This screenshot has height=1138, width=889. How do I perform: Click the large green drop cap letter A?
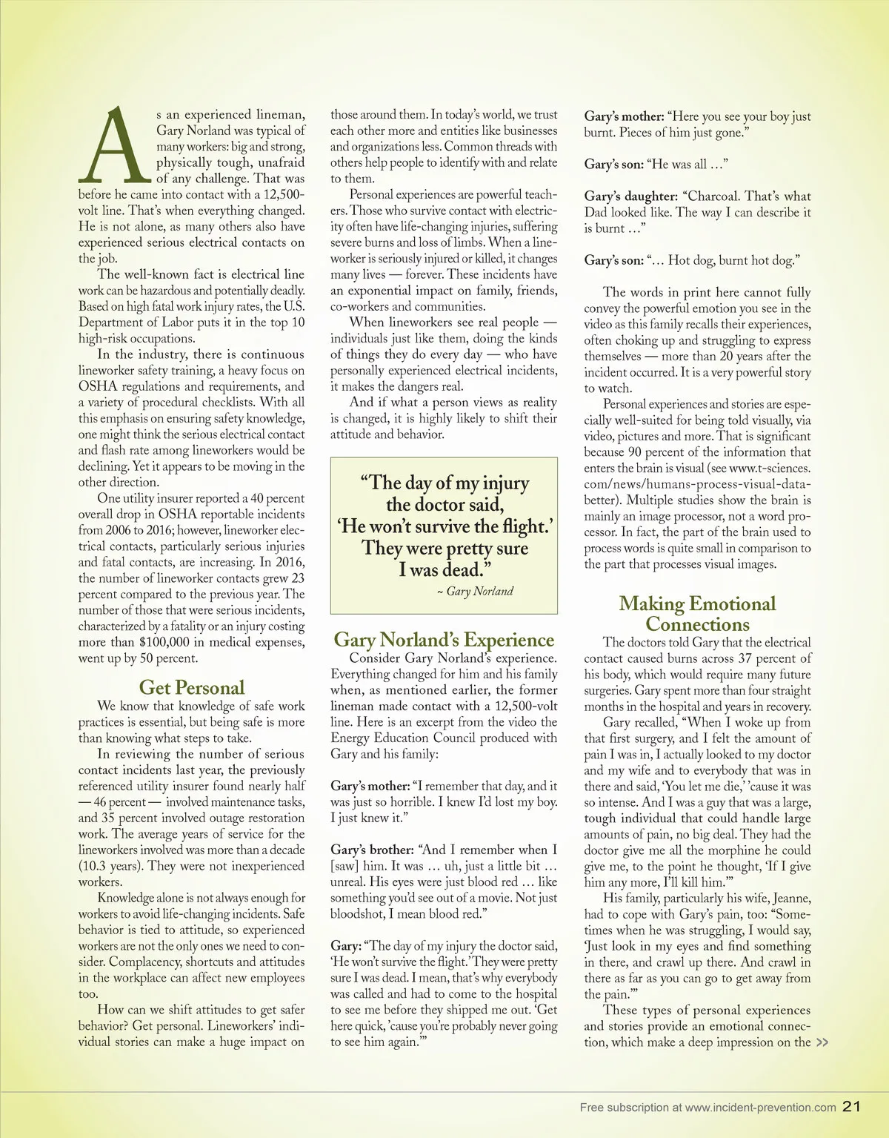[116, 146]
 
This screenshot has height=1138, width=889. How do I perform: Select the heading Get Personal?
[192, 687]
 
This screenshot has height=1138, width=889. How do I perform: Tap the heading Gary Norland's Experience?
[444, 640]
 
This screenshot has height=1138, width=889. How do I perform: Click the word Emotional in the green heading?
[733, 603]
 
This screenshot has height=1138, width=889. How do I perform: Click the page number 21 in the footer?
[851, 1106]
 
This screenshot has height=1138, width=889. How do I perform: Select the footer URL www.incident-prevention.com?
[761, 1108]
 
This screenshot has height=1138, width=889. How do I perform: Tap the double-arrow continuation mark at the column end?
[822, 1042]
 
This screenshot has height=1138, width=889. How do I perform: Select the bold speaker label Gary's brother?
[371, 850]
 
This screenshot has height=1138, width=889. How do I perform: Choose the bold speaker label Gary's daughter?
[630, 196]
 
